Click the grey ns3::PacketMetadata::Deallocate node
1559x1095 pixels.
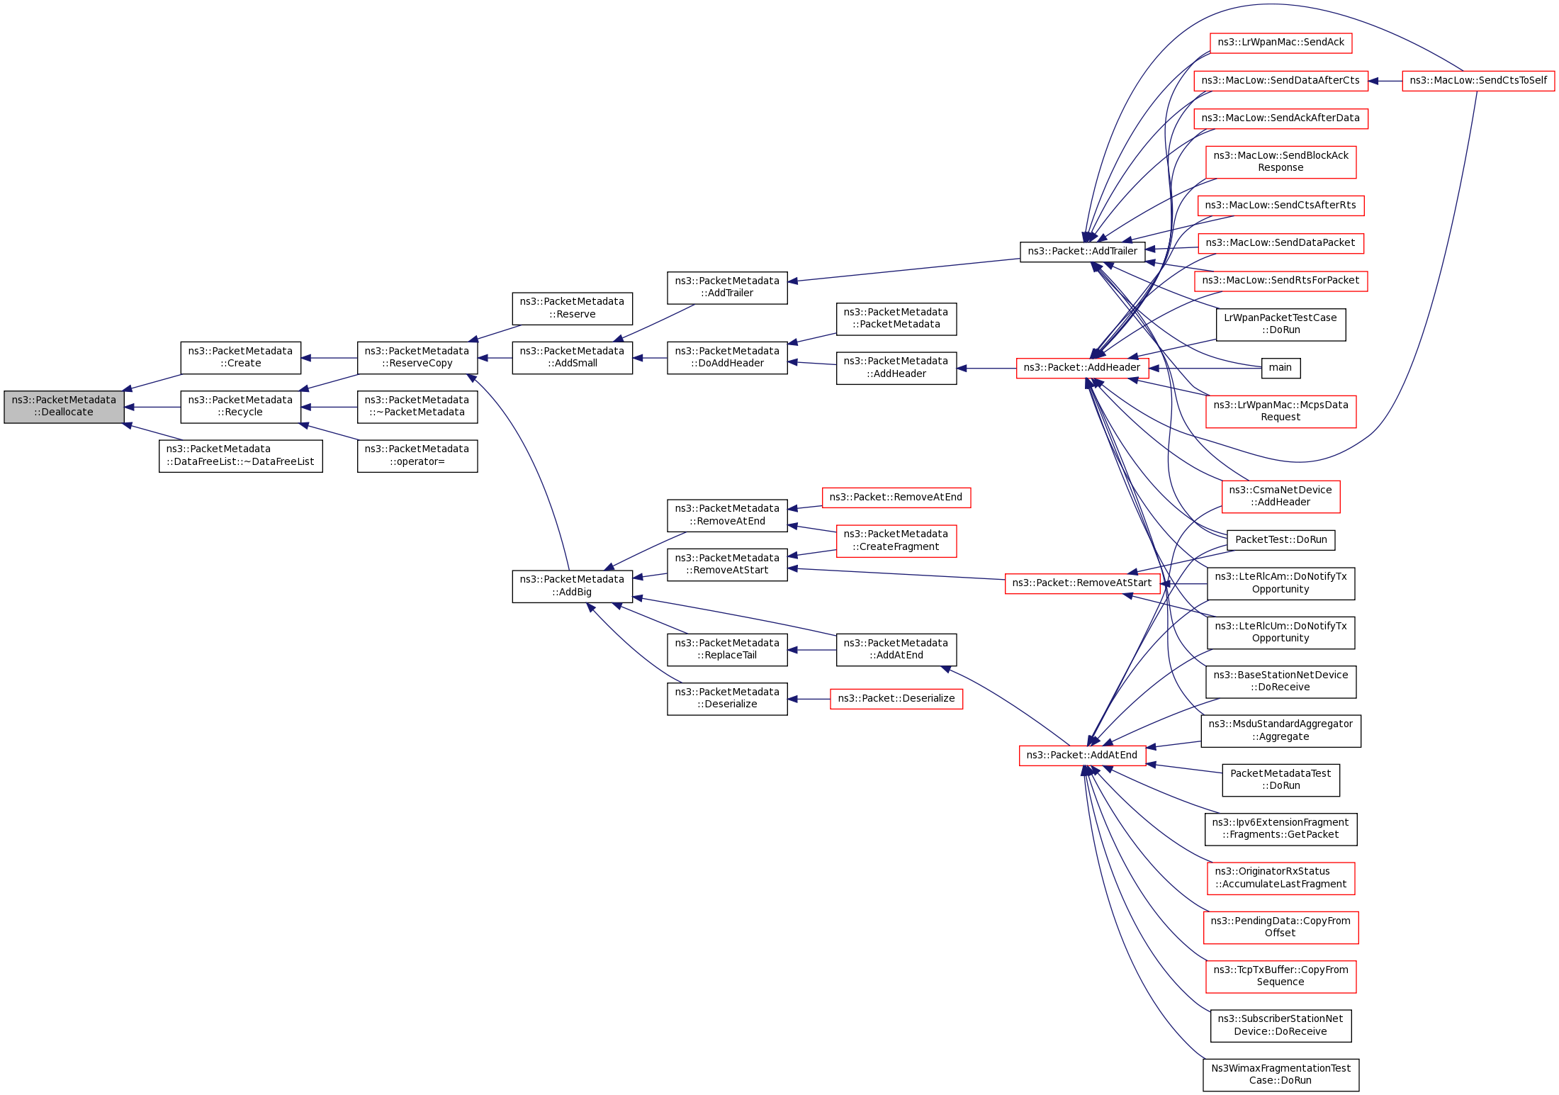point(64,407)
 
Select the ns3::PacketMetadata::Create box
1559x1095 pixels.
point(240,358)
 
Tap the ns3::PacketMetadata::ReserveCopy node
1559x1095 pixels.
point(417,358)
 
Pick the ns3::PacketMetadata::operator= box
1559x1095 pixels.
point(417,456)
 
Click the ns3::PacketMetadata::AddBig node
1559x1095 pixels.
point(572,586)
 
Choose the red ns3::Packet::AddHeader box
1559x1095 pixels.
point(1082,368)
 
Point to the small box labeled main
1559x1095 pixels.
point(1281,368)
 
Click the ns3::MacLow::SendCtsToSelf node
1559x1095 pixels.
point(1478,81)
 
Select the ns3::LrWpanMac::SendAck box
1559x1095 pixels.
point(1281,43)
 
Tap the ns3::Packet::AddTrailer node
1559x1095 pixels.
point(1082,252)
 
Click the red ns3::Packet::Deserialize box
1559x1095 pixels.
point(896,699)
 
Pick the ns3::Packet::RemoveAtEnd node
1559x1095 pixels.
point(896,498)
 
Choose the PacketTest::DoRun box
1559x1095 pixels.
point(1281,540)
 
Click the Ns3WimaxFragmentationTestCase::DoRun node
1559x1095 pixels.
point(1281,1074)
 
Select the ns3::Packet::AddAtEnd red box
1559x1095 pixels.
point(1082,756)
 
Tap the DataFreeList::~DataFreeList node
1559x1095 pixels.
point(240,456)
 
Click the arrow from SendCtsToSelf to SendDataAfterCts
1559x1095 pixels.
point(1385,81)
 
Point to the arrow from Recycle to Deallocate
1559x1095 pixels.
point(152,408)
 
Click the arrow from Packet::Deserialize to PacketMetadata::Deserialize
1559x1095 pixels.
point(809,700)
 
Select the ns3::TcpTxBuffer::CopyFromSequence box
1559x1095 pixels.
point(1281,976)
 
